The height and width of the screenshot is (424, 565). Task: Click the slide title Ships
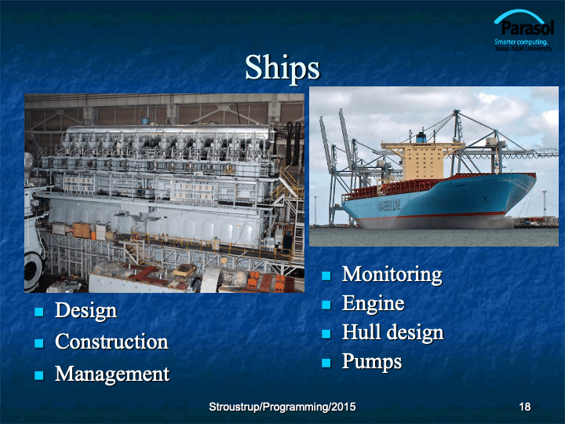(x=282, y=68)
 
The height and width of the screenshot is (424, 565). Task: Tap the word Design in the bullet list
(x=86, y=310)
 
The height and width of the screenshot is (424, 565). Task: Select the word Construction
(x=111, y=342)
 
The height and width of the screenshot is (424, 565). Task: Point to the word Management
(x=112, y=374)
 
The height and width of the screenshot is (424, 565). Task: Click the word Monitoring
(x=392, y=275)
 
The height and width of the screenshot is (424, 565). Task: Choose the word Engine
(x=374, y=304)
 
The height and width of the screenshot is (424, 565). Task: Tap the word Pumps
(x=372, y=361)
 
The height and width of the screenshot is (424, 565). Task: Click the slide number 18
(x=525, y=407)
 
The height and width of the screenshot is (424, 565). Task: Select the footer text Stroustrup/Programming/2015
(x=282, y=407)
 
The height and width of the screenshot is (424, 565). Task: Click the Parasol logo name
(x=527, y=27)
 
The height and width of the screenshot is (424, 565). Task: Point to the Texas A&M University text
(x=523, y=49)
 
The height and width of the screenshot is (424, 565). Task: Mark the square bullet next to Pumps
(x=326, y=362)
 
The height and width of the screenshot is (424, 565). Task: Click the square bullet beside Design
(x=39, y=312)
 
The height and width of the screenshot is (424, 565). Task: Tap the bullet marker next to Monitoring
(x=326, y=276)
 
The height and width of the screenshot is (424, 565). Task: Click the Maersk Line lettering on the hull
(x=389, y=207)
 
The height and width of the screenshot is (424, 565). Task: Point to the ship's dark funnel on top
(x=421, y=137)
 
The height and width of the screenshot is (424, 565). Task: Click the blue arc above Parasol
(x=519, y=16)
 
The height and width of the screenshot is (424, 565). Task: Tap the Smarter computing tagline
(x=521, y=42)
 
